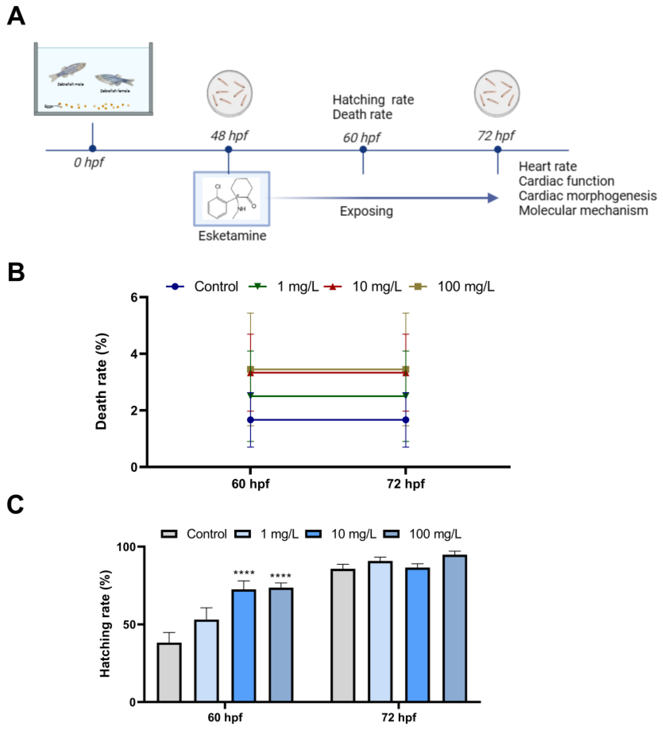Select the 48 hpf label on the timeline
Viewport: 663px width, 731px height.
(x=229, y=136)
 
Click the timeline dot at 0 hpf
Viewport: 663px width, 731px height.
(x=92, y=148)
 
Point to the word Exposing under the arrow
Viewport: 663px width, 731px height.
(x=366, y=211)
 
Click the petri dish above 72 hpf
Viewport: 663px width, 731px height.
(x=497, y=94)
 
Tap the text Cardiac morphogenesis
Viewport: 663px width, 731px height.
(x=587, y=196)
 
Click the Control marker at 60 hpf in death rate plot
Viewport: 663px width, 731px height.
(x=250, y=420)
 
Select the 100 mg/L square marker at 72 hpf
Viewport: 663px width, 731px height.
(x=406, y=370)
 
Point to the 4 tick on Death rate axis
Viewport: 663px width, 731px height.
(x=134, y=353)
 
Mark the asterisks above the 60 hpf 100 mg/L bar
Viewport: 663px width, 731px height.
(x=280, y=575)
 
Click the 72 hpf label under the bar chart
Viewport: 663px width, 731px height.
(x=399, y=717)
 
